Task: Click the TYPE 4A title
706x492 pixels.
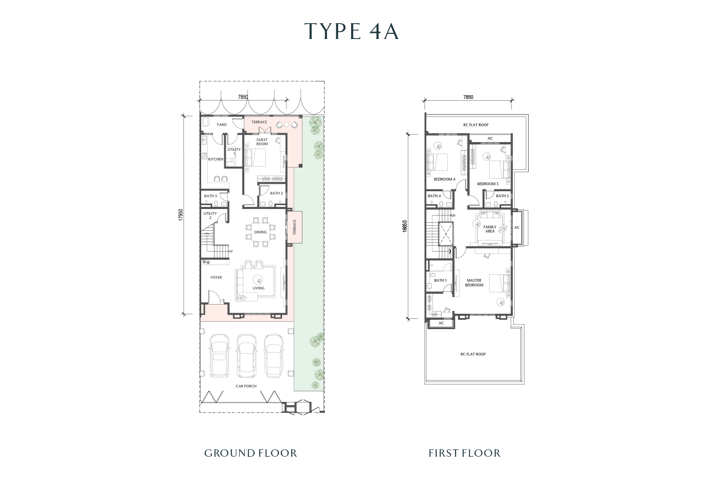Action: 352,32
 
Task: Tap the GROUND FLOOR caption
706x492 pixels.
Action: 250,453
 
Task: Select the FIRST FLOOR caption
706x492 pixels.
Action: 464,453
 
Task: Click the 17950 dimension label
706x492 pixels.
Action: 181,215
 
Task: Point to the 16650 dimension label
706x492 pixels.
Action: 405,226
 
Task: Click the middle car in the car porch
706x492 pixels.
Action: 247,356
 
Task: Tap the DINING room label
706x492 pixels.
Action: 260,232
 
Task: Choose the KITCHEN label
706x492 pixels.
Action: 216,159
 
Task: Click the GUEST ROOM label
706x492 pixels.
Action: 262,142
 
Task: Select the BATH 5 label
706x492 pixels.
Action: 210,196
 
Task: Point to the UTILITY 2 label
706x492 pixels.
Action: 210,215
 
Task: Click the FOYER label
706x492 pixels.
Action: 216,278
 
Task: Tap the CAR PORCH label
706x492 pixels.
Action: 246,386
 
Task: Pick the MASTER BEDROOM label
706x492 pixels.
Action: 474,283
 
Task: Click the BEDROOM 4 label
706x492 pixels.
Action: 445,179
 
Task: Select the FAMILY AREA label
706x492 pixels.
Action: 490,229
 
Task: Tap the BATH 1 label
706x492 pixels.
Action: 440,280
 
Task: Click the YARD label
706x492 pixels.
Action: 222,125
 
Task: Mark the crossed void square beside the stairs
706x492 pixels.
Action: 446,234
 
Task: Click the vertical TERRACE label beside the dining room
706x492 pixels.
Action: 294,227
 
